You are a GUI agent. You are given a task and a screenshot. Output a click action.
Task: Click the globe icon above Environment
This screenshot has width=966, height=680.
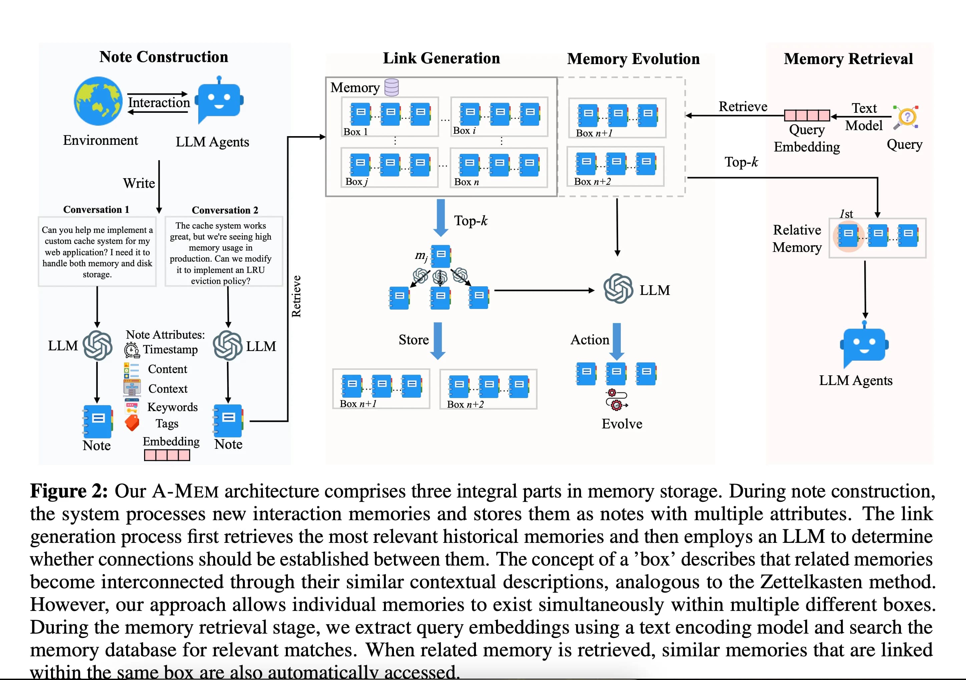click(x=98, y=101)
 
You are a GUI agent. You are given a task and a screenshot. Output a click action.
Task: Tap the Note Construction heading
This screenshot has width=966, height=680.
click(x=164, y=57)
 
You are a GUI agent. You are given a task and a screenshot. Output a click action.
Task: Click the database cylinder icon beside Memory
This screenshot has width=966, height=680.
click(x=391, y=87)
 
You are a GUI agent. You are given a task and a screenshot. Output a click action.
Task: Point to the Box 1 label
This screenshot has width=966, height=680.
click(x=356, y=132)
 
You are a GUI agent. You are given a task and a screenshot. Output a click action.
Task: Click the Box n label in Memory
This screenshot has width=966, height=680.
click(x=466, y=182)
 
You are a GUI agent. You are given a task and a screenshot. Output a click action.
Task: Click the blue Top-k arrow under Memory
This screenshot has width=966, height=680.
click(x=441, y=218)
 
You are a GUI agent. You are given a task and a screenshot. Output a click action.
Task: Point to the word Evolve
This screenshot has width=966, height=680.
click(x=622, y=424)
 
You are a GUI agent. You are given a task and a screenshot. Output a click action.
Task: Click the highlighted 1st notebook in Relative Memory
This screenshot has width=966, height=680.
click(x=848, y=236)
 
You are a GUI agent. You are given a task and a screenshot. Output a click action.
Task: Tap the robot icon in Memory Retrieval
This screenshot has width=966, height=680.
click(x=864, y=345)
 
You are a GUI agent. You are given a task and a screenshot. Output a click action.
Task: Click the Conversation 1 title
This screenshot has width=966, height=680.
click(x=96, y=210)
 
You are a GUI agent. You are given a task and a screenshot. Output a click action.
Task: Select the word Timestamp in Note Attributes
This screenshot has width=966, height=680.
click(x=170, y=350)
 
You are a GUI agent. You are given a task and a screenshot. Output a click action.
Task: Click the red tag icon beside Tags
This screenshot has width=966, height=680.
click(x=132, y=423)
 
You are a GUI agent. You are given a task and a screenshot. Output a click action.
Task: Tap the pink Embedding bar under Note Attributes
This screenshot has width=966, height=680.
click(x=167, y=455)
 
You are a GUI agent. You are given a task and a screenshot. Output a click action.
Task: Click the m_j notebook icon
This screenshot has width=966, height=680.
click(x=441, y=256)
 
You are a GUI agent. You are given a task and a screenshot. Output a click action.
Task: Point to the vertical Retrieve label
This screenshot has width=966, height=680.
click(x=296, y=296)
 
